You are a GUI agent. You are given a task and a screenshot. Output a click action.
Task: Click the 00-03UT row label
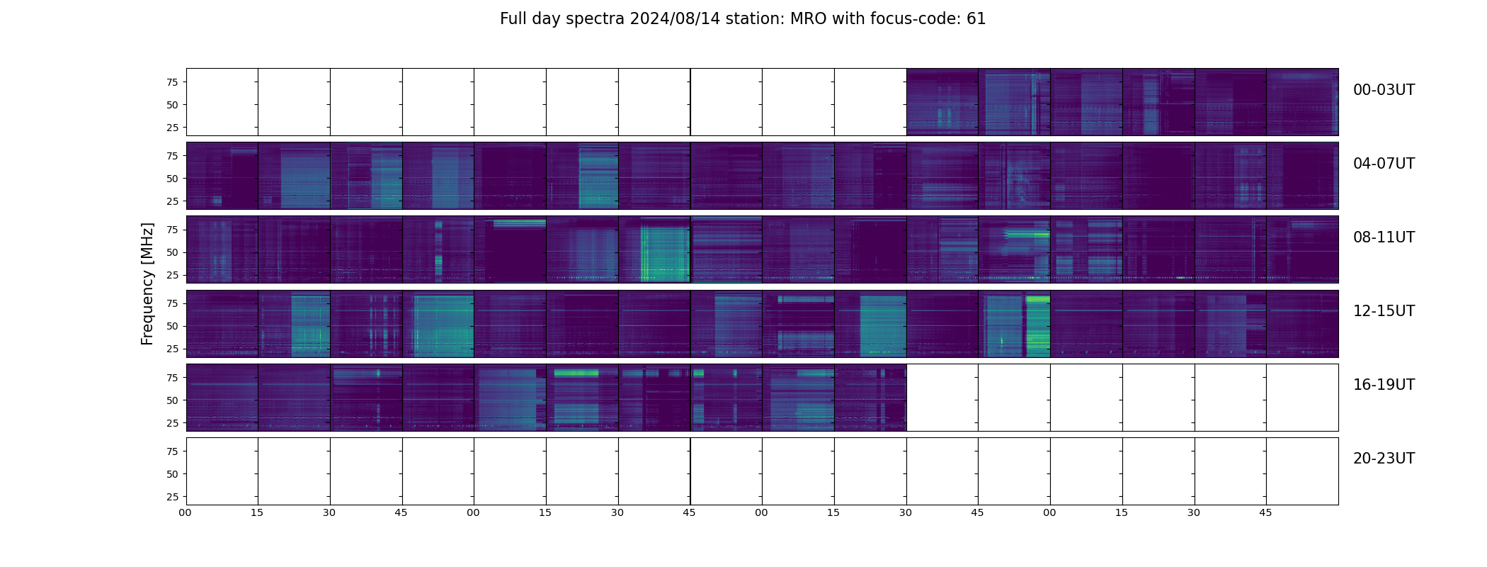[x=1384, y=90]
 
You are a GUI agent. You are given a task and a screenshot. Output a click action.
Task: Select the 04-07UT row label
[x=1384, y=164]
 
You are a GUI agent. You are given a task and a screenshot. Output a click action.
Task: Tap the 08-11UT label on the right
[x=1384, y=237]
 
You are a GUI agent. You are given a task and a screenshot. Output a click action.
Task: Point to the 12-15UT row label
[x=1384, y=311]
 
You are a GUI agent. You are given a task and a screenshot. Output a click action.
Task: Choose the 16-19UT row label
[x=1384, y=385]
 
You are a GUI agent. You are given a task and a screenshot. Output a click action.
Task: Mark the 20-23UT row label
[x=1384, y=459]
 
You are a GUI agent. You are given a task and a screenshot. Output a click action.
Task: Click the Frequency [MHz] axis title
[x=147, y=283]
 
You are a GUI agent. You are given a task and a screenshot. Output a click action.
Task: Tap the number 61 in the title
[x=976, y=19]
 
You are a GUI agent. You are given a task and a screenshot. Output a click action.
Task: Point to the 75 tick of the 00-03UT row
[x=172, y=82]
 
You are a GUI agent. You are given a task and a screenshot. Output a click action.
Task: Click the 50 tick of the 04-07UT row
[x=172, y=179]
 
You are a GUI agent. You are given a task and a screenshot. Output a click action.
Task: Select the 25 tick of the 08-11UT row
[x=172, y=275]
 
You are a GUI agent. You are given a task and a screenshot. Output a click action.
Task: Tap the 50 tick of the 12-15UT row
[x=172, y=326]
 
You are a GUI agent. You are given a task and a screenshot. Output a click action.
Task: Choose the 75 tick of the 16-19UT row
[x=172, y=378]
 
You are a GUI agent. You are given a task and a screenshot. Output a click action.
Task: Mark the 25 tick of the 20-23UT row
[x=172, y=497]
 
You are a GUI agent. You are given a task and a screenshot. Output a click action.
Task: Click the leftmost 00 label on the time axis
[x=185, y=512]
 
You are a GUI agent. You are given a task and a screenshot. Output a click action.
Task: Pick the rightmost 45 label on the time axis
[x=1265, y=512]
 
